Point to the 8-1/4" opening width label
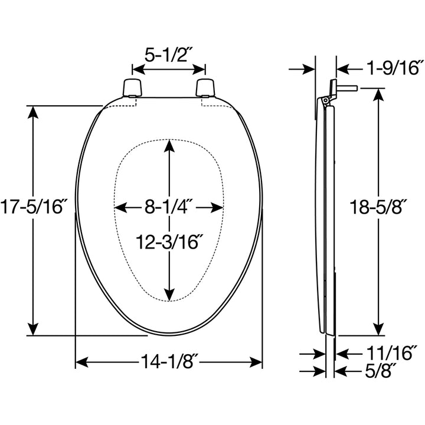[170, 207]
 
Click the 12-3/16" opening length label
[170, 241]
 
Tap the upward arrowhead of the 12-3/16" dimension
[170, 145]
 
